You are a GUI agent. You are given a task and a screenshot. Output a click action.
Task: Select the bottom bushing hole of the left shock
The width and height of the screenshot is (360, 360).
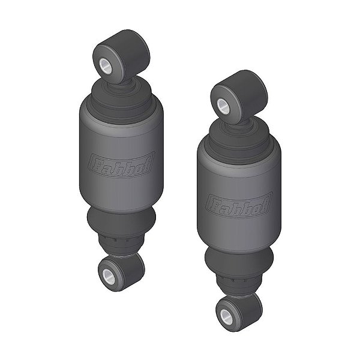(x=108, y=276)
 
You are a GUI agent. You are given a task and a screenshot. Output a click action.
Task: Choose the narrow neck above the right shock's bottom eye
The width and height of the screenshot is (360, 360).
(x=239, y=285)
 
